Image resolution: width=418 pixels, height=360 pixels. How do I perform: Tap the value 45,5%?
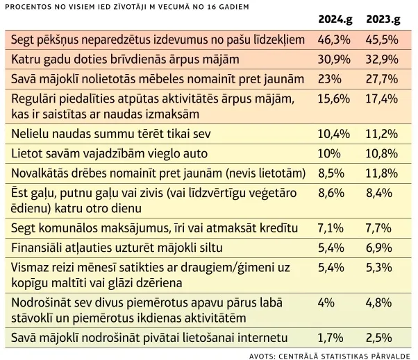[383, 40]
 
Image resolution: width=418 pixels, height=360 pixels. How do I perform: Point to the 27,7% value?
[383, 79]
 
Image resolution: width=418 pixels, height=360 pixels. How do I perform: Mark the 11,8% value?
[383, 171]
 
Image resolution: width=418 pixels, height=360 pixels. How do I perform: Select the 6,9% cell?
[382, 246]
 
